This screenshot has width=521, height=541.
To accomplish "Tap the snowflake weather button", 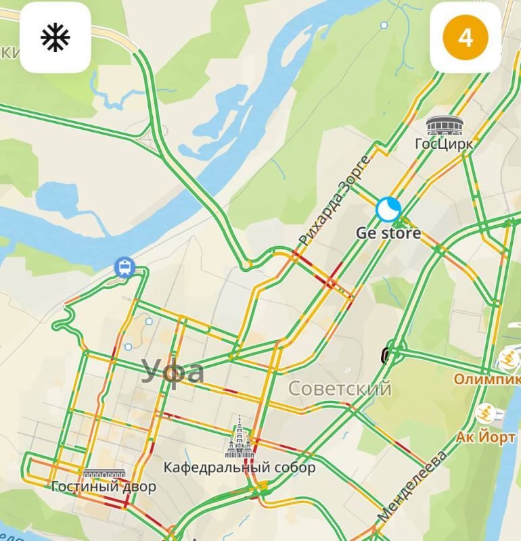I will tap(55, 38).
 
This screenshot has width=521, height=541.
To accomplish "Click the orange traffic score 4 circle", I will tap(465, 38).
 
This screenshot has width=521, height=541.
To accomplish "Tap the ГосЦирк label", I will tap(443, 144).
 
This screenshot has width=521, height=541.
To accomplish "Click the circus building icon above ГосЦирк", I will tap(440, 126).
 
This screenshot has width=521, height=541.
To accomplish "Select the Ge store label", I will tap(388, 233).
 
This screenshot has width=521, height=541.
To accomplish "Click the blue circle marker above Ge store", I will tap(388, 209).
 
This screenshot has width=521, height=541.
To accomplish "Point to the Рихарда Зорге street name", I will tap(334, 201).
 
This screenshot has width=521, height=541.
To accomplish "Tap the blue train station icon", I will tap(124, 268).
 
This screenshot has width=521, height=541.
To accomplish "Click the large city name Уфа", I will tap(173, 371).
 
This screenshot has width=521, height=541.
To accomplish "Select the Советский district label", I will tap(340, 389).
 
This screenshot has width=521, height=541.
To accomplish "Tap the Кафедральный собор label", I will tap(240, 467).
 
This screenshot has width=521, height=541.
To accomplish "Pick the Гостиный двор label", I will tap(104, 487).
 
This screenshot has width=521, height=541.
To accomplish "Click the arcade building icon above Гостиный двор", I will tap(104, 473).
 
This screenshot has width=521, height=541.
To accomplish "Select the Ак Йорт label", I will tap(485, 436).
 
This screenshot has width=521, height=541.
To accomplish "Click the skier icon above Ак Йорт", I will tap(486, 413).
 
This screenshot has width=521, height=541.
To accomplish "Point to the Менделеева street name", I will tap(412, 486).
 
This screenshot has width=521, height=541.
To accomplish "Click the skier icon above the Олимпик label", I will tap(507, 356).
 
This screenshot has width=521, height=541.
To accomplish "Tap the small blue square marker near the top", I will tap(384, 26).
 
